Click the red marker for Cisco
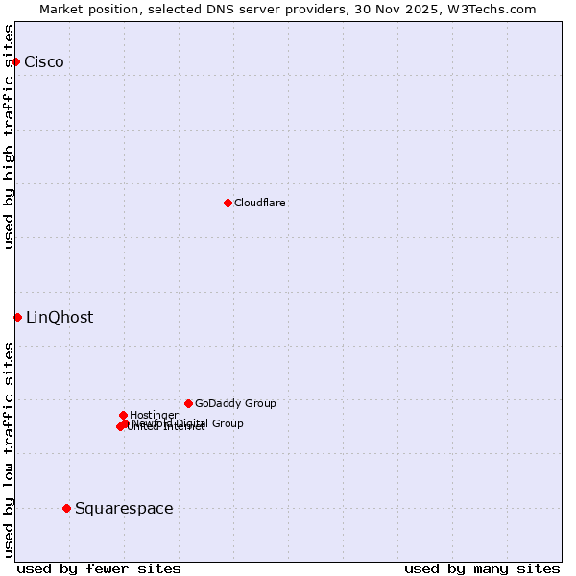[15, 61]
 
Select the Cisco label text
[44, 62]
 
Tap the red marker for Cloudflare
[228, 203]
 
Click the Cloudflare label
[260, 203]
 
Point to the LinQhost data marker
[17, 317]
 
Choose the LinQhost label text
[60, 318]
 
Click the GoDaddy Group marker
[188, 403]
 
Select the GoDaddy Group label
[235, 403]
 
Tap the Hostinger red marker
[123, 415]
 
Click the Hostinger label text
[155, 415]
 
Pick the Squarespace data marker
[66, 508]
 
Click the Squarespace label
[124, 509]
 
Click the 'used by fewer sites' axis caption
[99, 568]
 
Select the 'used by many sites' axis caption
[482, 568]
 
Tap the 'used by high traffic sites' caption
[10, 136]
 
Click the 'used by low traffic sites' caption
[10, 449]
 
